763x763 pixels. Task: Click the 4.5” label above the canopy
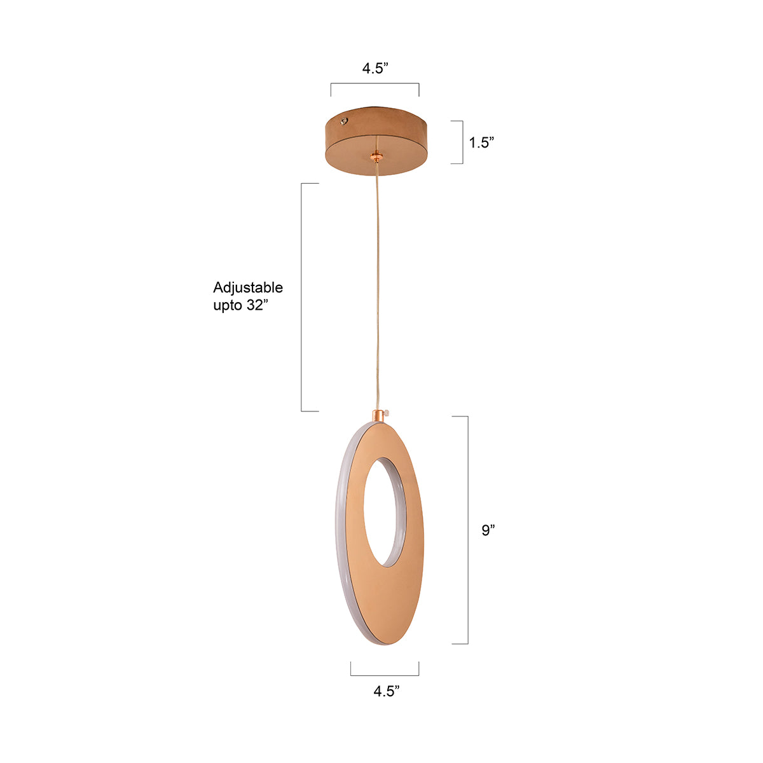pos(375,69)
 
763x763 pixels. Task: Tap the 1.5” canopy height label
pos(482,142)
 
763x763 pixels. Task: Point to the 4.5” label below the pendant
pos(387,691)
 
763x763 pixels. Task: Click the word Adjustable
pos(248,287)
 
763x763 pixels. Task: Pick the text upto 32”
pos(237,305)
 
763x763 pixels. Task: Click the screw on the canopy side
pos(344,120)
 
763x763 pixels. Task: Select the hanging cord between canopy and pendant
pos(380,286)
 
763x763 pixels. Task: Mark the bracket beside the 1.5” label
pos(462,142)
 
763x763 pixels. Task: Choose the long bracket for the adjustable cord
pos(302,297)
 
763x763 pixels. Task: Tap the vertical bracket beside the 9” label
pos(467,530)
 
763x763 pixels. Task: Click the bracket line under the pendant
pos(385,674)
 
